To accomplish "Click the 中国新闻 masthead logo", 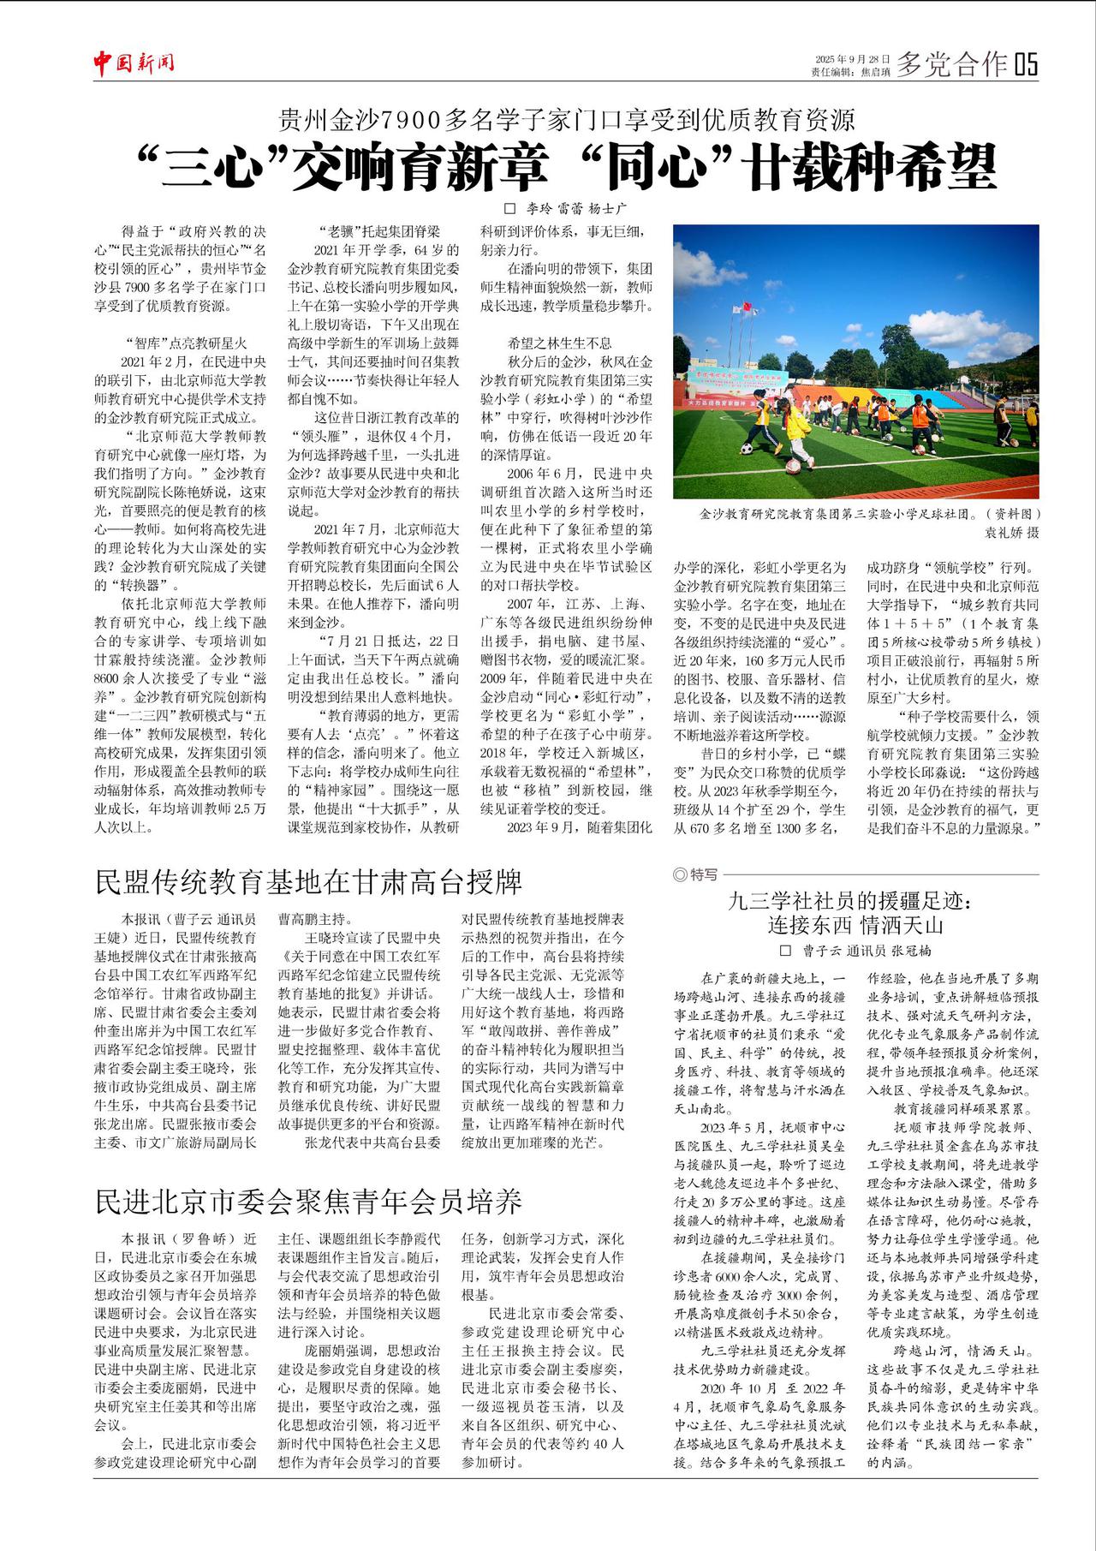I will pos(134,63).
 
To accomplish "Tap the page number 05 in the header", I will pos(1025,64).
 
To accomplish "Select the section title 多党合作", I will pos(951,64).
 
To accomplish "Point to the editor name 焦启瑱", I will pos(875,72).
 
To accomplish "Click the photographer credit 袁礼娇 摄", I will pos(1011,532).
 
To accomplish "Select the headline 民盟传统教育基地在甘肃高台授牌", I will pos(309,881).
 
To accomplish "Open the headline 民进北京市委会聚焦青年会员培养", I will pos(309,1201).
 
